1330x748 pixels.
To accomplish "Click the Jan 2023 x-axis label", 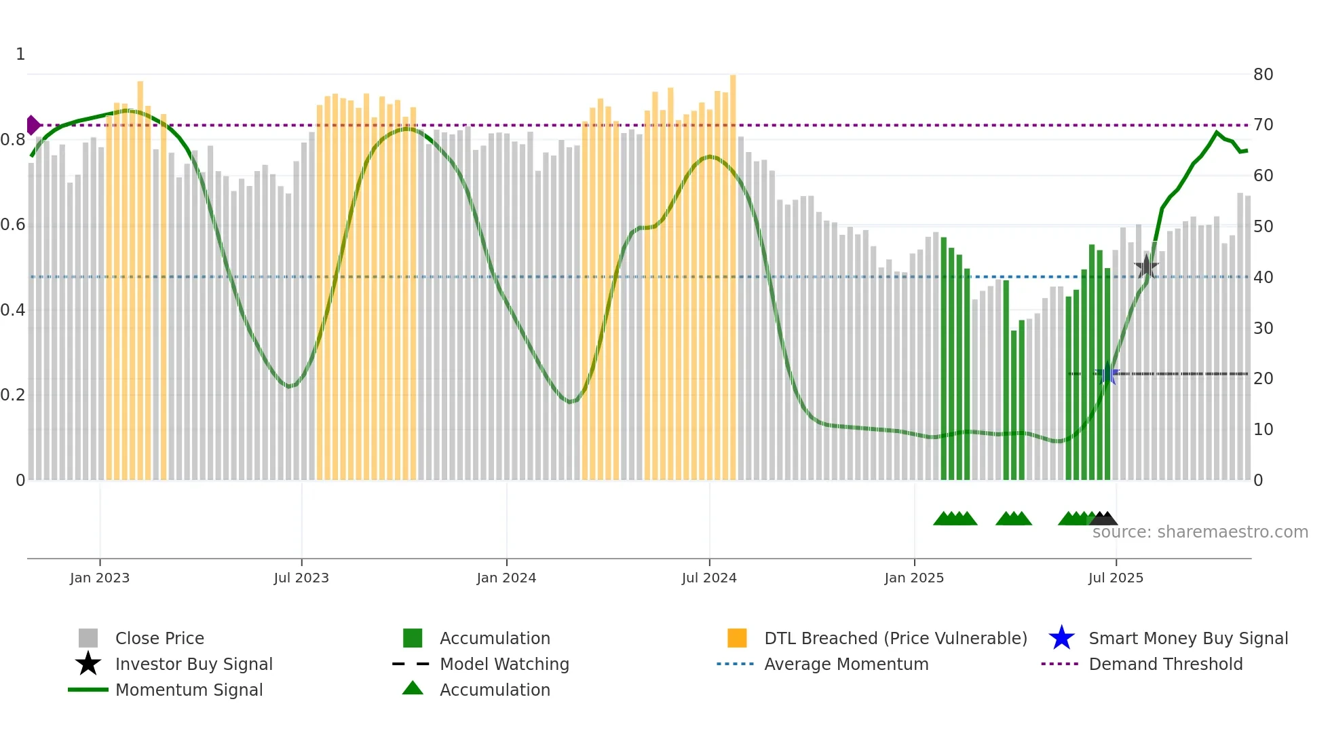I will click(x=100, y=578).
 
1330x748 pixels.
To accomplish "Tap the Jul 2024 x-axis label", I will click(x=709, y=578).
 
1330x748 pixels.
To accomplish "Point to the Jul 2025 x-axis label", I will click(x=1116, y=578).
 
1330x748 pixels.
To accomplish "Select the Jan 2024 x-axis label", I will click(x=506, y=578).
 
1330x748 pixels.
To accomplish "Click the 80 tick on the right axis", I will click(x=1263, y=75).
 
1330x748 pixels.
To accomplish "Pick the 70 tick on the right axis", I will click(x=1263, y=125).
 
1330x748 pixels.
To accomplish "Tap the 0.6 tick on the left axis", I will click(x=13, y=225).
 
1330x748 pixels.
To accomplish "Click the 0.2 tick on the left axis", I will click(x=13, y=395).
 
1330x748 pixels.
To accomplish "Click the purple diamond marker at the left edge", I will click(x=33, y=125).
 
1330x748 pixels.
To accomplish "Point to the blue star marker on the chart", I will click(x=1107, y=373).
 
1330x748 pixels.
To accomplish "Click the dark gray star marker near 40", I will click(x=1146, y=267).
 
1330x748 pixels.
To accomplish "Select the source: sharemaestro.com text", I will click(x=1200, y=532).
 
